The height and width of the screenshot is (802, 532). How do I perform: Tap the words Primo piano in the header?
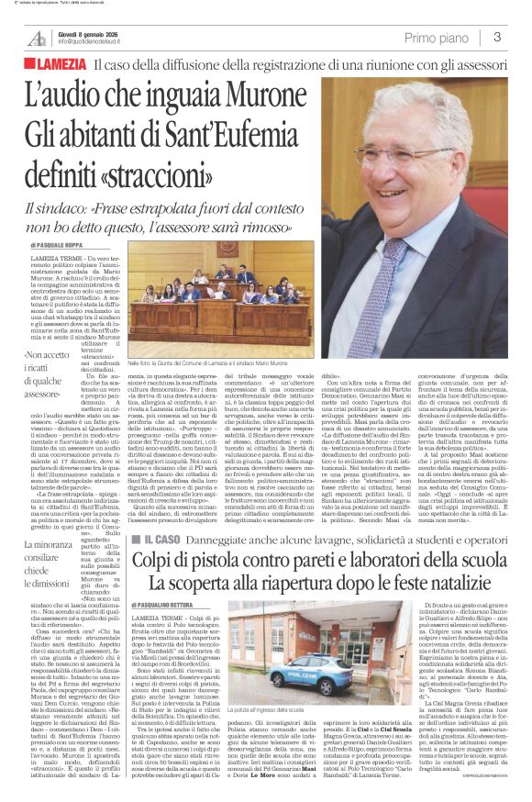pyautogui.click(x=439, y=37)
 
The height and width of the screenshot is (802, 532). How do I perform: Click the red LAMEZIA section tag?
pyautogui.click(x=59, y=66)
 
